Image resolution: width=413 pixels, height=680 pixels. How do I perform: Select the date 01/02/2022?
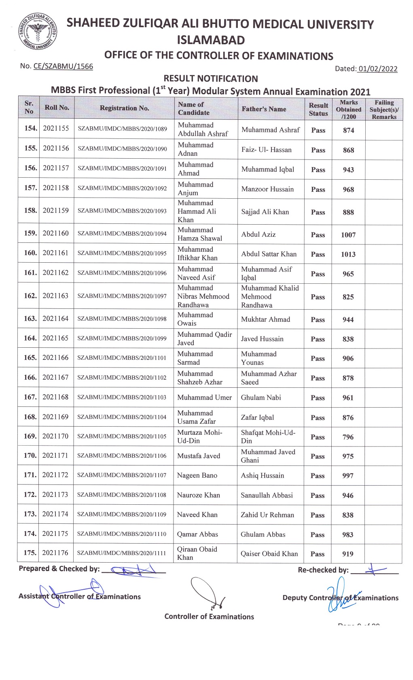[377, 69]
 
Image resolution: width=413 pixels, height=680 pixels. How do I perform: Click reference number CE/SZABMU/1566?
[63, 66]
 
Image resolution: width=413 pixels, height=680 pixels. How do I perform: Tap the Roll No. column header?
[57, 108]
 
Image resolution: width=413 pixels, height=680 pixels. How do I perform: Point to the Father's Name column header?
[264, 109]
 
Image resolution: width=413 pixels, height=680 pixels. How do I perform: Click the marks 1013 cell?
[348, 254]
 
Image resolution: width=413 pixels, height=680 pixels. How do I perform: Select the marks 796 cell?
[348, 437]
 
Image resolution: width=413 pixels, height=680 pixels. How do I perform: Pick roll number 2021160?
[56, 233]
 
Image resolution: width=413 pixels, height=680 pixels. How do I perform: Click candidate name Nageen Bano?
[197, 476]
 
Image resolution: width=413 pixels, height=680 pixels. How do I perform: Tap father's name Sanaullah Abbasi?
[267, 495]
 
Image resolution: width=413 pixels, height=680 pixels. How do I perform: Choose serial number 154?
[30, 128]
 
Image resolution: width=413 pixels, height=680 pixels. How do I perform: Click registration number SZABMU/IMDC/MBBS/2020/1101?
[122, 358]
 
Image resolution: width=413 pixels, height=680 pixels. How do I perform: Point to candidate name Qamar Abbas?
[197, 534]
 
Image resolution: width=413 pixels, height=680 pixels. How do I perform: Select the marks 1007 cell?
[348, 235]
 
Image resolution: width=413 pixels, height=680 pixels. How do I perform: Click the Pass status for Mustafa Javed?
[318, 456]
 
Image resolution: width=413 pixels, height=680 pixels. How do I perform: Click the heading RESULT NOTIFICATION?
[210, 79]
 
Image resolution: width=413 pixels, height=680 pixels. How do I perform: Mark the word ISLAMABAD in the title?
[211, 40]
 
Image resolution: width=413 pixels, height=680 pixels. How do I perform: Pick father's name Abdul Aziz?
[258, 234]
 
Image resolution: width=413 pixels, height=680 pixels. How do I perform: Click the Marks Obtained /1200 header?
[348, 109]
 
